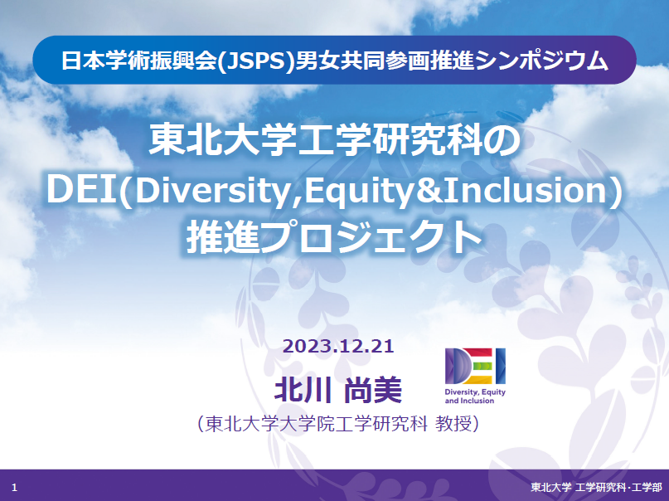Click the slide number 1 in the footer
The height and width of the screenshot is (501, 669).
[x=14, y=488]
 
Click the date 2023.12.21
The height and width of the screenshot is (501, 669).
[x=338, y=346]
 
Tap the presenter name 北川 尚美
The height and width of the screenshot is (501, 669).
[x=338, y=390]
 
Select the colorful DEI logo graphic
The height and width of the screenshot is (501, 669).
[x=475, y=366]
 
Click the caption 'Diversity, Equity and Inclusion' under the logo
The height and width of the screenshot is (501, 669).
[x=475, y=396]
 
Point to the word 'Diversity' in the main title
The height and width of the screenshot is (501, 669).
[x=212, y=191]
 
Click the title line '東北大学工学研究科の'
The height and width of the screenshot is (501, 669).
[x=334, y=139]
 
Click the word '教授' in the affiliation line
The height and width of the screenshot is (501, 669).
[x=453, y=424]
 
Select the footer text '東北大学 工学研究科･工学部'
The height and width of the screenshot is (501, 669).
[x=596, y=487]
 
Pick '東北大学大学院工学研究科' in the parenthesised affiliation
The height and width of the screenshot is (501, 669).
[x=316, y=424]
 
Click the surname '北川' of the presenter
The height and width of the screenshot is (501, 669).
[x=303, y=390]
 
